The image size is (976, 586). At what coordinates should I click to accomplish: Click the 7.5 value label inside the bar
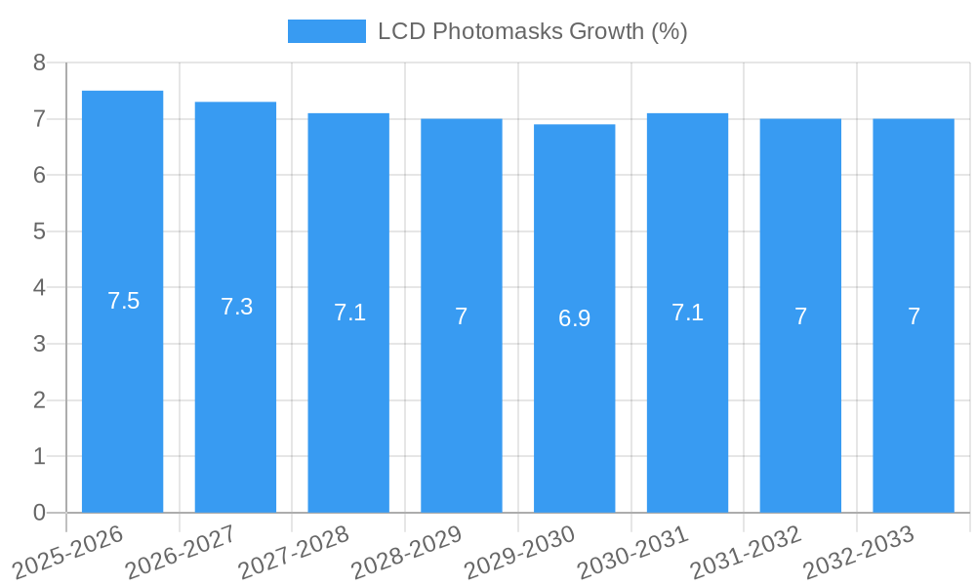(124, 301)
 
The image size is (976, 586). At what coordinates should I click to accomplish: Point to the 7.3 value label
(236, 307)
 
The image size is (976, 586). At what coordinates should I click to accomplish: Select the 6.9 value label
(574, 318)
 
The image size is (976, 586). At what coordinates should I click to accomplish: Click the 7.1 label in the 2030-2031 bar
(687, 313)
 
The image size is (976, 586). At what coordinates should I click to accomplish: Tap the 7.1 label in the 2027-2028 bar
(349, 313)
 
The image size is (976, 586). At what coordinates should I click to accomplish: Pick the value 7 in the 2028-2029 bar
(462, 316)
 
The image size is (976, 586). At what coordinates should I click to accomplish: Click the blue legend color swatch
(326, 31)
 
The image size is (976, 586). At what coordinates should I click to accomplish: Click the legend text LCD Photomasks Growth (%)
(532, 31)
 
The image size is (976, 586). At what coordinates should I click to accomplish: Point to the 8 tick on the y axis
(39, 63)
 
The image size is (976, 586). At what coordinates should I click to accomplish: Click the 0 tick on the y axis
(39, 513)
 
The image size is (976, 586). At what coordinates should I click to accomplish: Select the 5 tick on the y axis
(39, 231)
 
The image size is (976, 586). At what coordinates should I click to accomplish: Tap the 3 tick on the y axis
(39, 344)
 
